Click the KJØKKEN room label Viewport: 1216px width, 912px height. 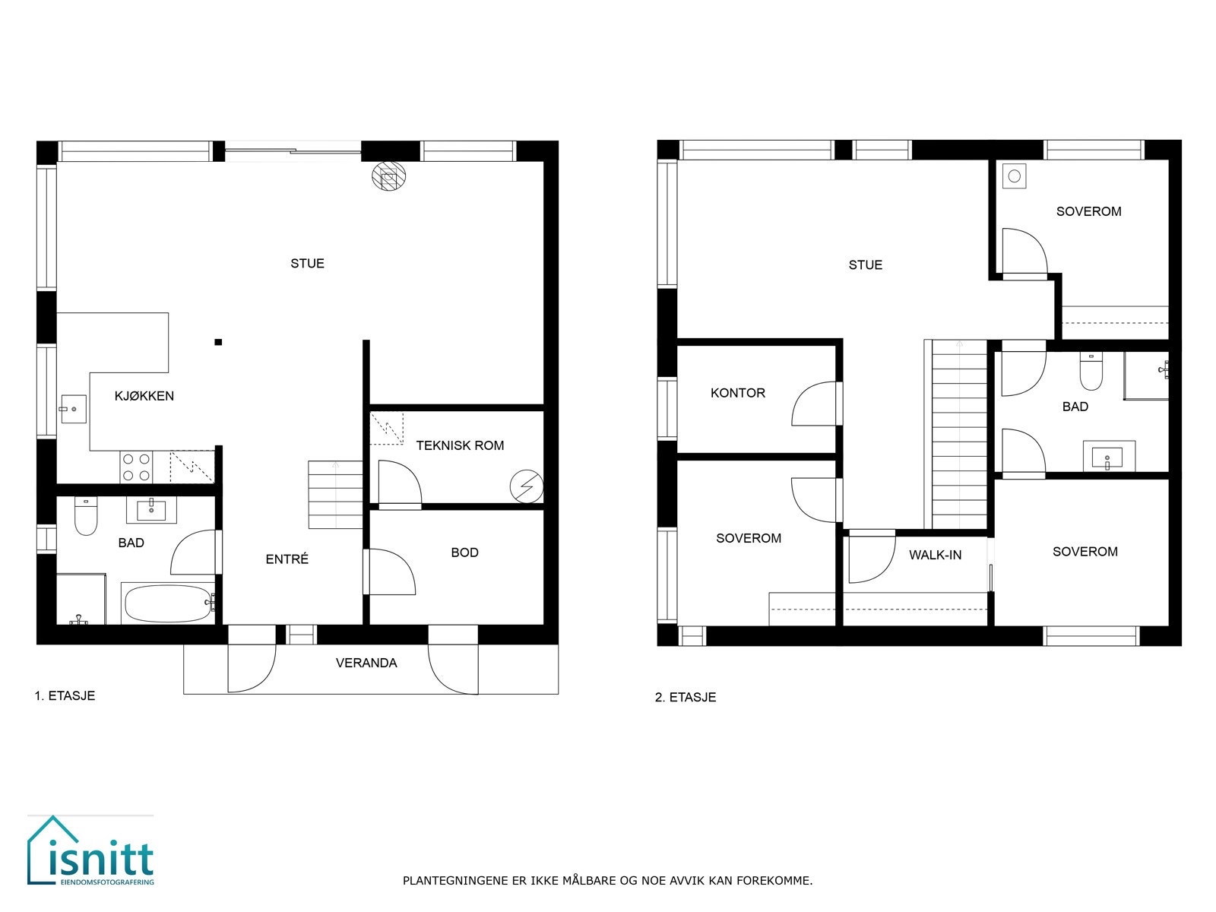click(144, 396)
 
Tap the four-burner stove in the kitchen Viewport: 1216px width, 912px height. click(136, 467)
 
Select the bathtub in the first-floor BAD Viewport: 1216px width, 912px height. click(168, 603)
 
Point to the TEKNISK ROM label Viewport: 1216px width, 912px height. click(460, 445)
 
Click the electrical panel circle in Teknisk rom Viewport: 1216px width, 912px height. click(525, 486)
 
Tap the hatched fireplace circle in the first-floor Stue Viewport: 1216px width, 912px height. click(388, 177)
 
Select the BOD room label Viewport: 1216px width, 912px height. click(464, 553)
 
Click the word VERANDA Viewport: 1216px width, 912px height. click(366, 663)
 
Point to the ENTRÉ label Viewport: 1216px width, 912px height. click(287, 559)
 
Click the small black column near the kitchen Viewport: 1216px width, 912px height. click(218, 342)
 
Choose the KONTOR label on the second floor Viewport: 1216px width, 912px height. click(737, 393)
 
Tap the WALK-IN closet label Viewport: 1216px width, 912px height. click(935, 555)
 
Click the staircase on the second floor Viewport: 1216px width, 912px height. click(958, 433)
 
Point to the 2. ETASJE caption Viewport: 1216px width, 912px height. click(685, 697)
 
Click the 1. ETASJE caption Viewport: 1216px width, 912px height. click(65, 695)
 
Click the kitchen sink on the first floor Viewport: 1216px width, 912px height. click(74, 411)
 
